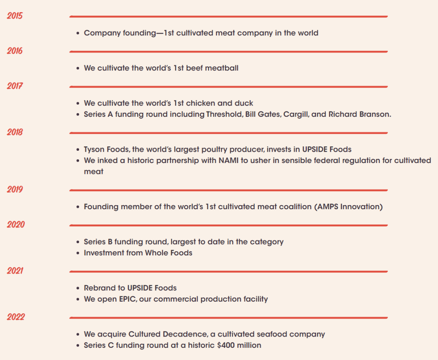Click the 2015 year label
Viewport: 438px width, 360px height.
[15, 16]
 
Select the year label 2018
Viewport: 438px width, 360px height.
[15, 132]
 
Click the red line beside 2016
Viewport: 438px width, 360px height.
[228, 52]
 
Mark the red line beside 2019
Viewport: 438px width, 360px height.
[228, 190]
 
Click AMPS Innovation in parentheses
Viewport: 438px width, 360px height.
[348, 207]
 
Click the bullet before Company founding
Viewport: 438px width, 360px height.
[78, 33]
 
